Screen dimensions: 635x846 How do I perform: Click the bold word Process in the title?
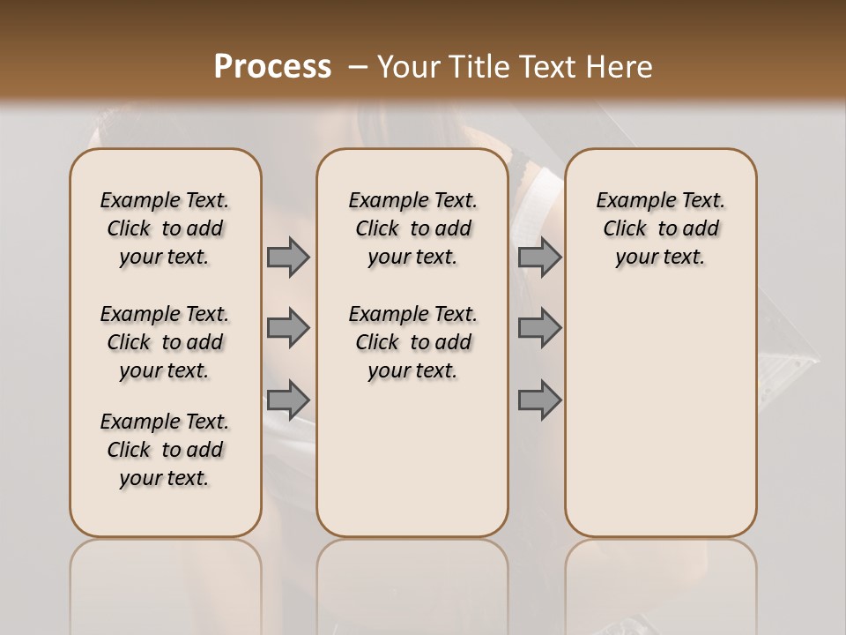[272, 67]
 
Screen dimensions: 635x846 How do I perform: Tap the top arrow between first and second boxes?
[288, 257]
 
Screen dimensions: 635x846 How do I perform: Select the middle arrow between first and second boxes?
[288, 328]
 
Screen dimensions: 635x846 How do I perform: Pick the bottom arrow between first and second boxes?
[288, 400]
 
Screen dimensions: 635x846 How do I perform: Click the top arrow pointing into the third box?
[539, 257]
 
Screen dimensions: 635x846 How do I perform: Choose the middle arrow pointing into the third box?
[539, 328]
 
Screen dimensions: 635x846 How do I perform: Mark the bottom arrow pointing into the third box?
[539, 400]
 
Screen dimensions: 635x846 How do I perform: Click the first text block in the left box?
[165, 228]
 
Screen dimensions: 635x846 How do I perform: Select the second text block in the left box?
[165, 342]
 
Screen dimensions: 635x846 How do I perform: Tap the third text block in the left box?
[165, 450]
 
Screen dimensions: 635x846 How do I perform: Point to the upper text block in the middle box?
[412, 228]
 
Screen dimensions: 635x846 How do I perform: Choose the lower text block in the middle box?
[412, 342]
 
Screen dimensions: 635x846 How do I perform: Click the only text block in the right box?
[660, 228]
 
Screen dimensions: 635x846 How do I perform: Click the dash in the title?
[358, 67]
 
